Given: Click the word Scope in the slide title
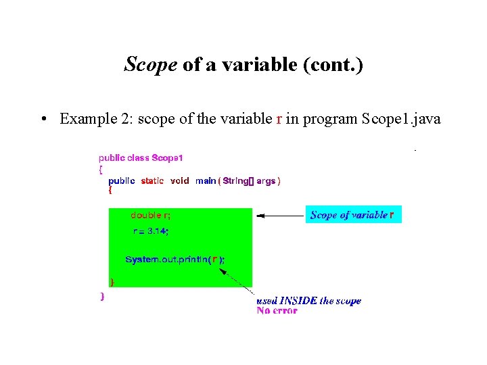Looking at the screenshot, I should pyautogui.click(x=150, y=65).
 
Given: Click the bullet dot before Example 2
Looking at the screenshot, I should pyautogui.click(x=43, y=120).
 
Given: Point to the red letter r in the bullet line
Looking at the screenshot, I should pyautogui.click(x=279, y=120).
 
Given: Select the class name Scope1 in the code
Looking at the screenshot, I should pyautogui.click(x=167, y=158).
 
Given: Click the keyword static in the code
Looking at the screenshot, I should pyautogui.click(x=152, y=181).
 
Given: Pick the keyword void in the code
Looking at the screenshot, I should pyautogui.click(x=179, y=181).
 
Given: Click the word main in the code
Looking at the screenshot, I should pyautogui.click(x=205, y=181).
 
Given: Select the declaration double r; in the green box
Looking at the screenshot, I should pyautogui.click(x=150, y=216).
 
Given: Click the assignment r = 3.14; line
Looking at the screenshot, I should pyautogui.click(x=150, y=231).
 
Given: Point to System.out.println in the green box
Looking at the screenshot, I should pyautogui.click(x=166, y=260).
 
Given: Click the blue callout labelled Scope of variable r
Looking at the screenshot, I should pyautogui.click(x=353, y=215).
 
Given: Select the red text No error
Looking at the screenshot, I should pyautogui.click(x=277, y=311).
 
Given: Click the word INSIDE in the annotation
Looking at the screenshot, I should pyautogui.click(x=298, y=301).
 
